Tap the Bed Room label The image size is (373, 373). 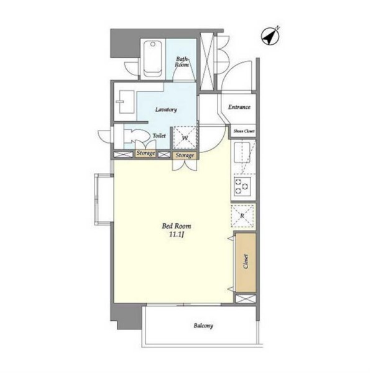(177, 226)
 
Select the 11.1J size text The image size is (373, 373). (177, 235)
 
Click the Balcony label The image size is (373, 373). (203, 326)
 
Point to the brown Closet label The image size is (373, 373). (246, 261)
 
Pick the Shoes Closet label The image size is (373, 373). (244, 131)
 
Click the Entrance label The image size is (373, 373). (239, 107)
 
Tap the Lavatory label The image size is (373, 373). (166, 109)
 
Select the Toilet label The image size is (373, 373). (159, 136)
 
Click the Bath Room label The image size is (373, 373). (182, 62)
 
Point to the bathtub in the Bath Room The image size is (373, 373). (153, 59)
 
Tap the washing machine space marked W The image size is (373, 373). (185, 138)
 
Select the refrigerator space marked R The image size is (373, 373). (242, 216)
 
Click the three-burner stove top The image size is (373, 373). (242, 186)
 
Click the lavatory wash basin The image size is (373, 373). (127, 101)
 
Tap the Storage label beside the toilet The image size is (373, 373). (145, 153)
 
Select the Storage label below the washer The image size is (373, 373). (185, 155)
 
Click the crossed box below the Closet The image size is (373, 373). (246, 299)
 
